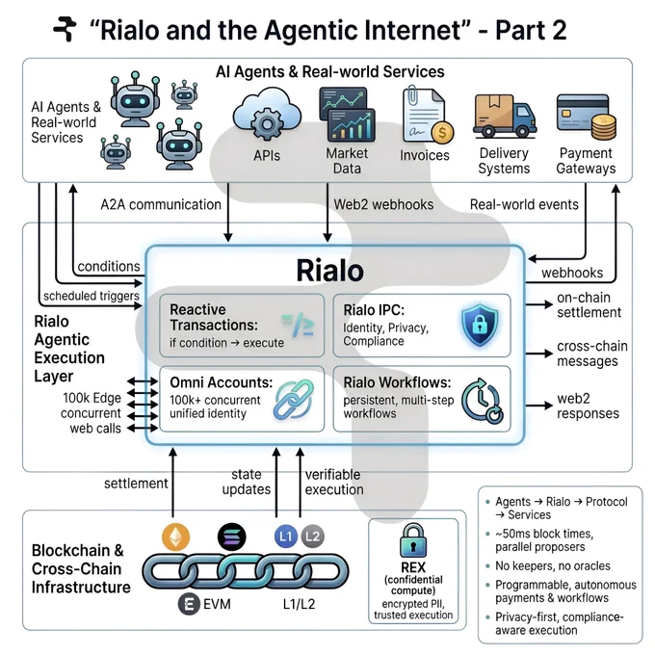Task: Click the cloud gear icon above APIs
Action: (x=267, y=114)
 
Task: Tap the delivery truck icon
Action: (x=505, y=117)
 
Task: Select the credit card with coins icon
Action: (x=587, y=117)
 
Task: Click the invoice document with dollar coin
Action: (x=427, y=115)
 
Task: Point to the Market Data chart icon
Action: (x=347, y=114)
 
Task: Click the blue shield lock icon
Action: (x=480, y=325)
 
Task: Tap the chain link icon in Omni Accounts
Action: (x=294, y=400)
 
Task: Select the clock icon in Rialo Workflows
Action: (x=483, y=401)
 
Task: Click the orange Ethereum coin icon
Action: (x=176, y=537)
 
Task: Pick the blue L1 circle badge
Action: (x=286, y=537)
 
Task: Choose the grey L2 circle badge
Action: (x=312, y=537)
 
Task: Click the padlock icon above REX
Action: (x=413, y=540)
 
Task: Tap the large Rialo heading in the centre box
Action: (x=329, y=271)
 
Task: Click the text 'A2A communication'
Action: (x=161, y=204)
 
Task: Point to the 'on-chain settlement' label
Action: (x=589, y=305)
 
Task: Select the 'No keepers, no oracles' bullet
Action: (x=553, y=565)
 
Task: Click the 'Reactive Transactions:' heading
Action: (x=214, y=317)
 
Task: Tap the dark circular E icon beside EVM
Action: (x=189, y=604)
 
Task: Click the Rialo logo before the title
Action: (x=65, y=29)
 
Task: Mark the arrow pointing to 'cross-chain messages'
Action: (x=538, y=354)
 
